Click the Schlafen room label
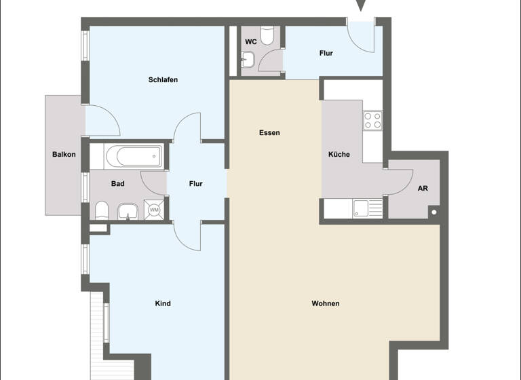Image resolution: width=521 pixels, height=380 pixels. pos(163,80)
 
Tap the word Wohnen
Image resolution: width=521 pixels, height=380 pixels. pos(326,303)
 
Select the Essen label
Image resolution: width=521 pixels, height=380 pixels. pos(269,133)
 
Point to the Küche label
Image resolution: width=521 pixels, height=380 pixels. pos(339,155)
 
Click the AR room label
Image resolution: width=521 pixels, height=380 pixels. pos(423,189)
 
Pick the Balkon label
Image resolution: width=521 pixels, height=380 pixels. pos(64,155)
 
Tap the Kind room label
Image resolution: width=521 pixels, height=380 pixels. pos(163,303)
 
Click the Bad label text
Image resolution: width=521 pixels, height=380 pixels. pos(117,184)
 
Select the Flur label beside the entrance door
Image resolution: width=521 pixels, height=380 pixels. pos(326,54)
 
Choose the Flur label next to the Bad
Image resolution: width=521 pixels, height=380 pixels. pos(195,184)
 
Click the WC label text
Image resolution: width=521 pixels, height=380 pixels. pos(250,42)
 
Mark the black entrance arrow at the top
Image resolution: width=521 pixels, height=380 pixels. pos(361,5)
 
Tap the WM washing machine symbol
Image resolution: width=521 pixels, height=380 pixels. pos(154,210)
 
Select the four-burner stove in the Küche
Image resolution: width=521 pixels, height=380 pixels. pos(372,121)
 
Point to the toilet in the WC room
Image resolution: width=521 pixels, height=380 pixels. pos(267,35)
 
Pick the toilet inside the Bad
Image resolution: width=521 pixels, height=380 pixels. pos(102,210)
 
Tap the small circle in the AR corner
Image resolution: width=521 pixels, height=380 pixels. pos(433,213)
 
